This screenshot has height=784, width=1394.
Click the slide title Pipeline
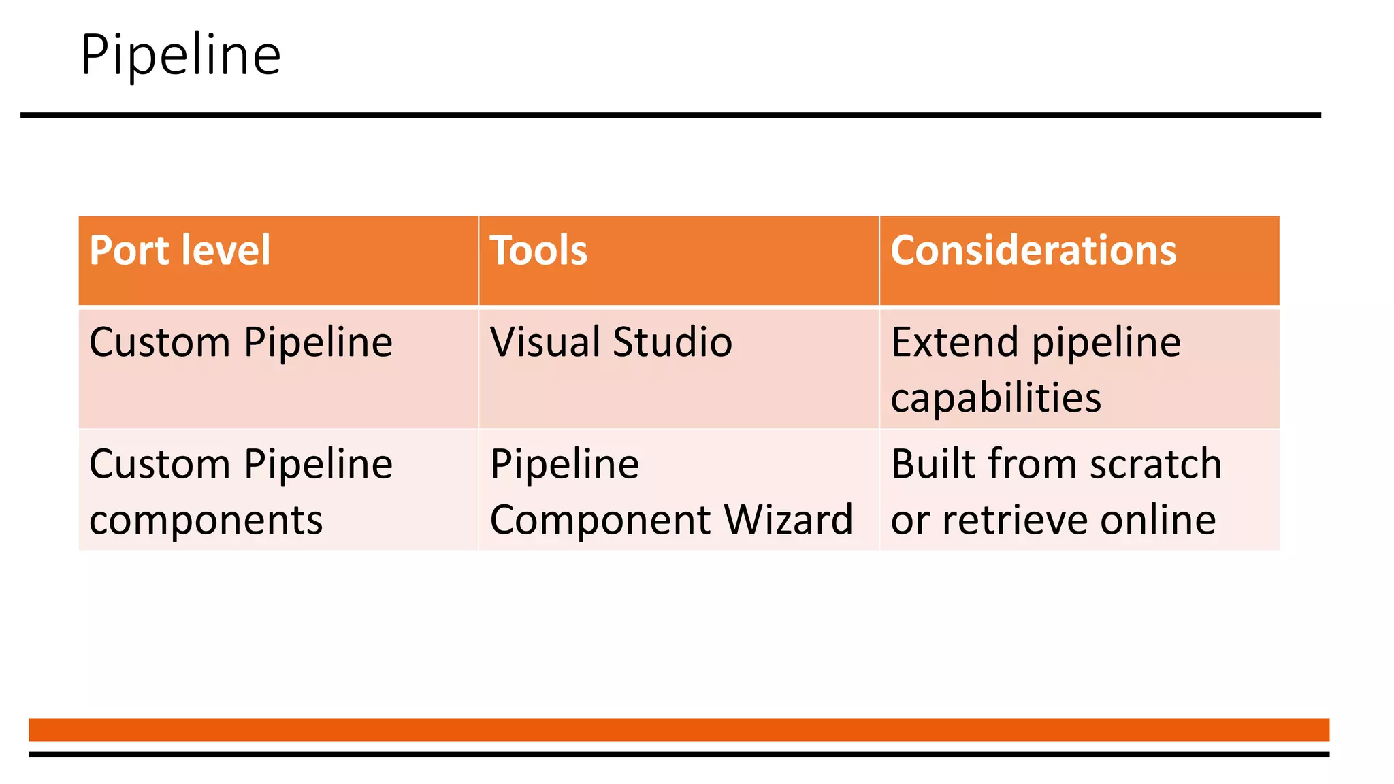tap(180, 55)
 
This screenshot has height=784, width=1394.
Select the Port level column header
tap(180, 250)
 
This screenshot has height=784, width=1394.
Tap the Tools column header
tap(538, 250)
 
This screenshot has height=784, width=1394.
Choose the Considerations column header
tap(1033, 250)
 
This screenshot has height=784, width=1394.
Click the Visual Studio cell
tap(611, 342)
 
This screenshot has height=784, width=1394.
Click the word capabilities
tap(995, 397)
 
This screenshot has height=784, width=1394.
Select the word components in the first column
tap(206, 520)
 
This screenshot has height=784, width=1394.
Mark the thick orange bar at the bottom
tap(679, 729)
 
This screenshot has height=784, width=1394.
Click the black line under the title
tap(670, 116)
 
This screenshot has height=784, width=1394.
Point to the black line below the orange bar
tap(679, 754)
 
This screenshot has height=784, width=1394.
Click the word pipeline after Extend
tap(1106, 343)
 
